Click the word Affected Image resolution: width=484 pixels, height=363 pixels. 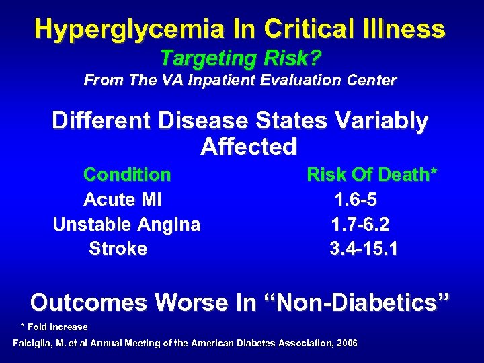[248, 147]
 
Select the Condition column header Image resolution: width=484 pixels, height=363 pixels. [127, 175]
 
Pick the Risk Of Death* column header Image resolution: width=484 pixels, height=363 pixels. [372, 175]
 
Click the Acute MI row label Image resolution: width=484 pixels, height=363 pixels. [122, 200]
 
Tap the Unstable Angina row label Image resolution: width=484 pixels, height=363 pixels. [126, 225]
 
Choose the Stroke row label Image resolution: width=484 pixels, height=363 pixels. [118, 249]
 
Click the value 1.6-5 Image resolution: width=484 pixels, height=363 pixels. [360, 200]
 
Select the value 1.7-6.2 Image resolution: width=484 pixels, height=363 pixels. [360, 225]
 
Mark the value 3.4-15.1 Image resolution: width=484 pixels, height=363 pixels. [364, 249]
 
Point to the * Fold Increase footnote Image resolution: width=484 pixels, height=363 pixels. [54, 327]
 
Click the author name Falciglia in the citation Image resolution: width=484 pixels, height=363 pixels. [36, 344]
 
